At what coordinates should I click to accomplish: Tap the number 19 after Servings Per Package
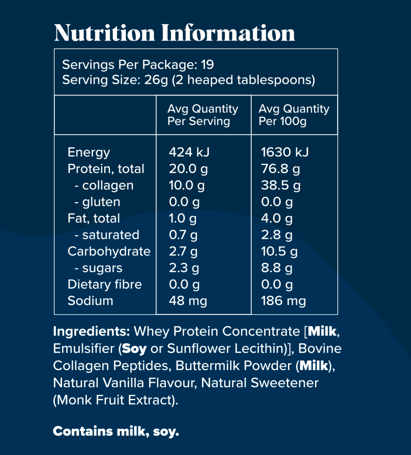click(x=208, y=64)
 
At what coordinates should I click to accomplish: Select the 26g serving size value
click(x=156, y=80)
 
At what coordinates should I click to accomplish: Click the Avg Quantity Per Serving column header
click(x=203, y=115)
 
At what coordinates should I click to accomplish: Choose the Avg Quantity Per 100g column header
click(x=294, y=115)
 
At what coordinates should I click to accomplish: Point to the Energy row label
click(x=89, y=152)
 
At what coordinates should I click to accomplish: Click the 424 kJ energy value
click(x=189, y=152)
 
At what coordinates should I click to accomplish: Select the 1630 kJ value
click(x=284, y=152)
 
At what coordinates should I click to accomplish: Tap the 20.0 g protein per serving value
click(x=188, y=169)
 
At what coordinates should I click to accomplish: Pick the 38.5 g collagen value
click(x=281, y=185)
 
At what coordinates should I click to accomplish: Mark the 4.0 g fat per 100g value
click(x=277, y=218)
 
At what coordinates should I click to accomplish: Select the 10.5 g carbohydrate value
click(x=279, y=251)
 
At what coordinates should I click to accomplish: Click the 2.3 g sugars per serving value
click(x=184, y=268)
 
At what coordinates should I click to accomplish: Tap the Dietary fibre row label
click(x=105, y=284)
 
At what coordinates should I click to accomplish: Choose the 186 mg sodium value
click(x=283, y=301)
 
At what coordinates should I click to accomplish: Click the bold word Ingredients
click(x=91, y=331)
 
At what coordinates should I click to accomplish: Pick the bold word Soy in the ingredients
click(x=134, y=348)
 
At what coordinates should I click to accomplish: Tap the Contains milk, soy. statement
click(x=116, y=431)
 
